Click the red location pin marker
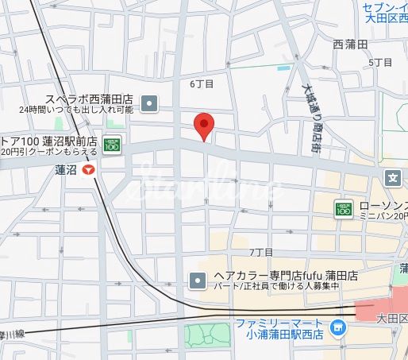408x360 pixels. pyautogui.click(x=205, y=126)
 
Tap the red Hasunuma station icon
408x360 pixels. pyautogui.click(x=89, y=168)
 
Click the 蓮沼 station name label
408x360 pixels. pyautogui.click(x=67, y=168)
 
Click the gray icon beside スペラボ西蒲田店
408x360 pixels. pyautogui.click(x=148, y=102)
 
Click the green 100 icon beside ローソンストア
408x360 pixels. pyautogui.click(x=344, y=210)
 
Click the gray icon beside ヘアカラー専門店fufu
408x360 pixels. pyautogui.click(x=197, y=280)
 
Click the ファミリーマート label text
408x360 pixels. pyautogui.click(x=279, y=323)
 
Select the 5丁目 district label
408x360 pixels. pyautogui.click(x=381, y=61)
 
